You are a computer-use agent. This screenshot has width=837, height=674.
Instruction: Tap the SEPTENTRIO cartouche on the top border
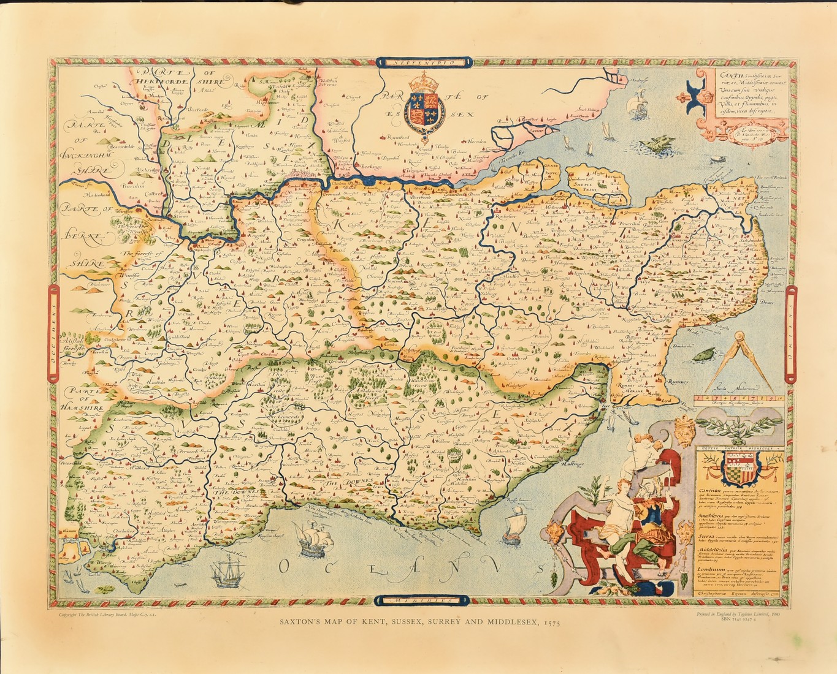coord(424,62)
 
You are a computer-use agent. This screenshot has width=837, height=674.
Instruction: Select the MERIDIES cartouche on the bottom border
coord(424,600)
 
